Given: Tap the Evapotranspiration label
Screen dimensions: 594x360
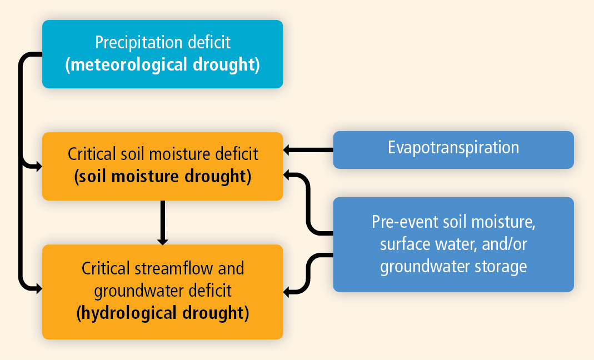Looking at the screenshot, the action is click(x=453, y=148).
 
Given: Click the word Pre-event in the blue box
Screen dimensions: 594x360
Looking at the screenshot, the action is click(x=403, y=222).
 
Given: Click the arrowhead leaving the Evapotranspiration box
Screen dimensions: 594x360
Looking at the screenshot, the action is click(x=287, y=150).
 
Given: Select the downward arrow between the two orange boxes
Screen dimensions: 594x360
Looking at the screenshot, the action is click(x=162, y=222).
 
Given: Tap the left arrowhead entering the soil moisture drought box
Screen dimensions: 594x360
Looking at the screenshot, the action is click(x=39, y=166).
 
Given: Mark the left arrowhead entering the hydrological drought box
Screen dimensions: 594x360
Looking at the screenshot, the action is click(x=39, y=289).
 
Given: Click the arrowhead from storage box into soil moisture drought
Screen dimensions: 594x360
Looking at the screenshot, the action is click(x=287, y=174).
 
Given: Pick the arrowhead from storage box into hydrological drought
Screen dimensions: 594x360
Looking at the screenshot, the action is click(x=287, y=292).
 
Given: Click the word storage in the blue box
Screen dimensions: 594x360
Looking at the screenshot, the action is click(x=501, y=267).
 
